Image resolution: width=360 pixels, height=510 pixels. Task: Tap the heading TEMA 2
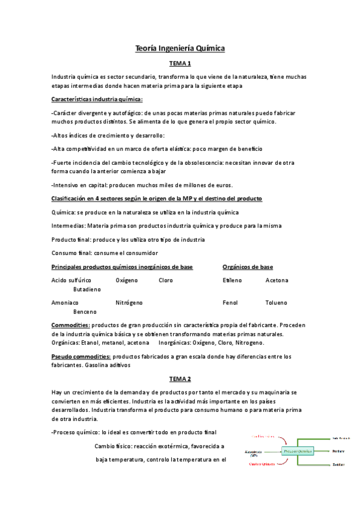(180, 379)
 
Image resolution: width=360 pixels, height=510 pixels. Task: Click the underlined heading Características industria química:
(97, 99)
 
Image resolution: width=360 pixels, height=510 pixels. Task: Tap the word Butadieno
(87, 289)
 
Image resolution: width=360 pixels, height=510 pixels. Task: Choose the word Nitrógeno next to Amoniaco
(129, 303)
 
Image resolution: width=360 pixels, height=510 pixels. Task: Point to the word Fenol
(230, 303)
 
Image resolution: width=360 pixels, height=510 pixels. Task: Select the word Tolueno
(276, 303)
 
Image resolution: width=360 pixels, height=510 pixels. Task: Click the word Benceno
(85, 312)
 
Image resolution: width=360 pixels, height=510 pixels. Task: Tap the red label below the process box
(261, 465)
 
